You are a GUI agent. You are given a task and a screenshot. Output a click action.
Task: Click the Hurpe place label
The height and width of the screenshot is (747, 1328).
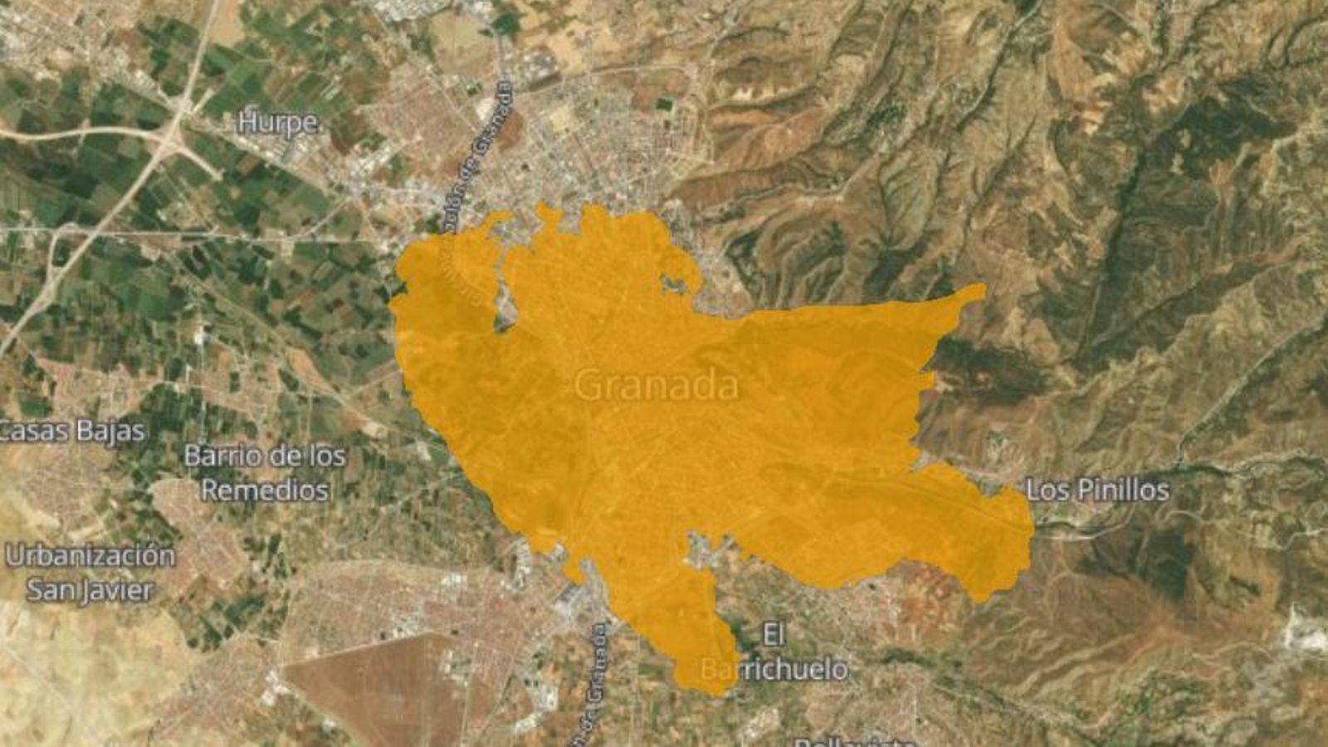(x=278, y=123)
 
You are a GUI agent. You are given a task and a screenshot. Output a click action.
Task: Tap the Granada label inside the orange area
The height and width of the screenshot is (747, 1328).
(x=656, y=386)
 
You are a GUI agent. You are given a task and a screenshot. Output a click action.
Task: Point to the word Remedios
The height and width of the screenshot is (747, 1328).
(x=265, y=490)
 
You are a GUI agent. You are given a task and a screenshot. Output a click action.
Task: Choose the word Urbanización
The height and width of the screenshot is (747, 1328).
(x=90, y=555)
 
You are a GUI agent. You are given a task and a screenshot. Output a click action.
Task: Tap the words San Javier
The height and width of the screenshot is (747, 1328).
(x=90, y=590)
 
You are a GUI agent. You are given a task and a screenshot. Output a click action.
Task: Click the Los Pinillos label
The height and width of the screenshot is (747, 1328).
(x=1097, y=490)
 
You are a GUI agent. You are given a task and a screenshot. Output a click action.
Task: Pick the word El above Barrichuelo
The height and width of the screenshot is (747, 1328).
(x=773, y=636)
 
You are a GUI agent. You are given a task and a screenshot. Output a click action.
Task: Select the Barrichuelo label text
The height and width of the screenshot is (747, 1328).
(x=774, y=669)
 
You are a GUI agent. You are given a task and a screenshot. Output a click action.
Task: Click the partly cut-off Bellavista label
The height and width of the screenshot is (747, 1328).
(x=855, y=741)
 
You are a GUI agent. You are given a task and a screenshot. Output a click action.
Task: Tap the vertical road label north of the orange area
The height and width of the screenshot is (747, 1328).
(x=491, y=149)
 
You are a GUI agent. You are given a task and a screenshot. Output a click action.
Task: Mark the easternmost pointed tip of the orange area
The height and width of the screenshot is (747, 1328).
(x=982, y=289)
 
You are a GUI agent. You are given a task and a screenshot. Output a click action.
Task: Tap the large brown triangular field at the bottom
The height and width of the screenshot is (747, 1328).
(x=373, y=689)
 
